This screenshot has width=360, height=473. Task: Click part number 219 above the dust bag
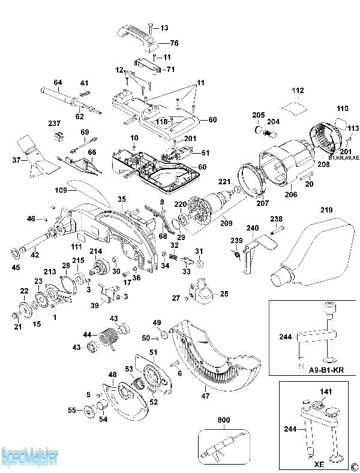pos(326,210)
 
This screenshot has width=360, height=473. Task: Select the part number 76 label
pos(174,43)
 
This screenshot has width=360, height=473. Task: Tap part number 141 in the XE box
pos(325,392)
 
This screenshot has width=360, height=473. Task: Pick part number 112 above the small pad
pos(298,91)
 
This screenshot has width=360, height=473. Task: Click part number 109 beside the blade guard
pos(61,190)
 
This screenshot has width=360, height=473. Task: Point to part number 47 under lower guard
pos(205,396)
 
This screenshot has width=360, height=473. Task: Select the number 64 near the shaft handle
pos(58,82)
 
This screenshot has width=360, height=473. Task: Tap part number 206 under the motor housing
pos(290,194)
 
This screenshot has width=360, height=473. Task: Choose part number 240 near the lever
pos(253,228)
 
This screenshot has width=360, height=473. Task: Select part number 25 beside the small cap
pos(224,294)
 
